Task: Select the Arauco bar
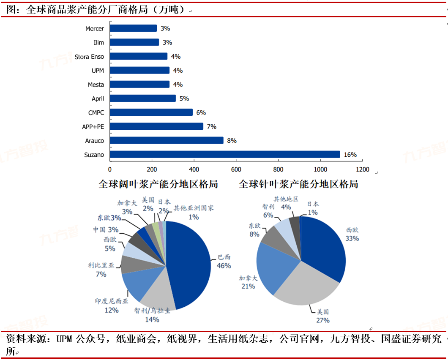tap(167, 140)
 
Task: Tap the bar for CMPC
tap(151, 112)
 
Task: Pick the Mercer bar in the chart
tap(133, 28)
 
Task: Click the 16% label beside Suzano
tap(350, 155)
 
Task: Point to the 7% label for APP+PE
tap(211, 126)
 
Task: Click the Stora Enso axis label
tap(89, 57)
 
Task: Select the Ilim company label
tap(98, 43)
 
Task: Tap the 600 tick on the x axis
tap(236, 170)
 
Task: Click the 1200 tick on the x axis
tap(362, 170)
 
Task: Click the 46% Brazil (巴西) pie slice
tap(190, 262)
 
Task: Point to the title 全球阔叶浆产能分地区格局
tap(158, 184)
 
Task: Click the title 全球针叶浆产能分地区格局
tap(298, 184)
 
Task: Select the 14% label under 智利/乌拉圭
tap(152, 319)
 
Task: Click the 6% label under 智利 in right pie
tap(268, 215)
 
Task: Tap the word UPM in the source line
tap(65, 339)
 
